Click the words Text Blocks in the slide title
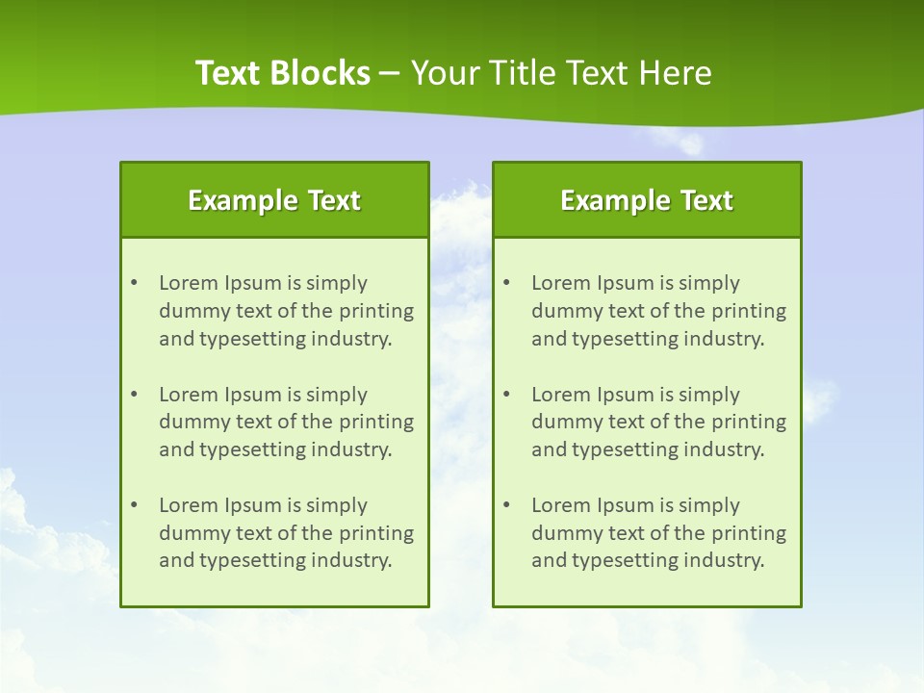tap(283, 73)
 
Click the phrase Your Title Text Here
tap(561, 73)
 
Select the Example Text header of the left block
tap(274, 200)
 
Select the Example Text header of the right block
tap(647, 200)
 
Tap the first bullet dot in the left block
tap(134, 283)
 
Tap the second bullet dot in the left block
tap(134, 395)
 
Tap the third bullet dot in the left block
tap(134, 505)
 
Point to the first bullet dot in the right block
tap(506, 283)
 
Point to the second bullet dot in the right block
tap(506, 395)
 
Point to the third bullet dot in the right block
tap(506, 505)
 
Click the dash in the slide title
tap(390, 73)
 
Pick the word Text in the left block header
tap(334, 200)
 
